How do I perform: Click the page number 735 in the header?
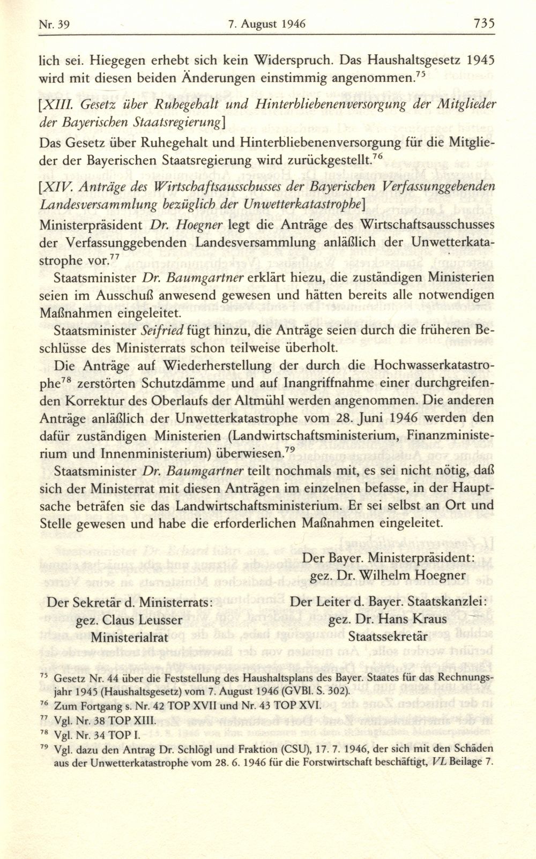[484, 24]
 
